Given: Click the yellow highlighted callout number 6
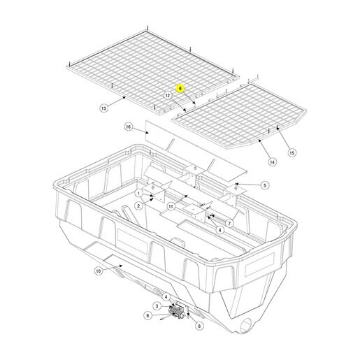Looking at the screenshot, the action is [x=180, y=89].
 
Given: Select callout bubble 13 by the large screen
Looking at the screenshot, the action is [x=103, y=108].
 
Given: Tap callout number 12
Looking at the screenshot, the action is [x=168, y=95].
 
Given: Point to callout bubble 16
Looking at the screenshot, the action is [x=128, y=127].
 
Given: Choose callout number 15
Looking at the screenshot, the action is [x=291, y=153].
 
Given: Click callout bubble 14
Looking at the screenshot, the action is [x=272, y=161].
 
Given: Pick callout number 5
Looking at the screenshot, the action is [x=265, y=185].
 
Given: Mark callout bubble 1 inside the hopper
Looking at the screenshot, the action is [x=139, y=193].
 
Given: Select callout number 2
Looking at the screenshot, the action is [x=138, y=206].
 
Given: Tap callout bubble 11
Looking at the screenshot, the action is [x=171, y=206].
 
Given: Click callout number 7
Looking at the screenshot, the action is [x=229, y=224].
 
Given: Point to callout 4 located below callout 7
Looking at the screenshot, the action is [x=219, y=230].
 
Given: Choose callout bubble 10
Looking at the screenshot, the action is [x=99, y=271].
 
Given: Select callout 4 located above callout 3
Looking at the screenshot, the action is [x=166, y=297].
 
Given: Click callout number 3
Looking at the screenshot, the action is [x=157, y=306].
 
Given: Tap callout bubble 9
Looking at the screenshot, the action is [x=147, y=316].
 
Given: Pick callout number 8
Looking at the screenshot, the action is [x=199, y=326].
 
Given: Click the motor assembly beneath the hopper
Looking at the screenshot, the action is [x=177, y=311].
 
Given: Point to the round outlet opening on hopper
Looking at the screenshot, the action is [x=247, y=326].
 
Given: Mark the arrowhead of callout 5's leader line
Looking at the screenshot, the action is [x=236, y=184].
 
